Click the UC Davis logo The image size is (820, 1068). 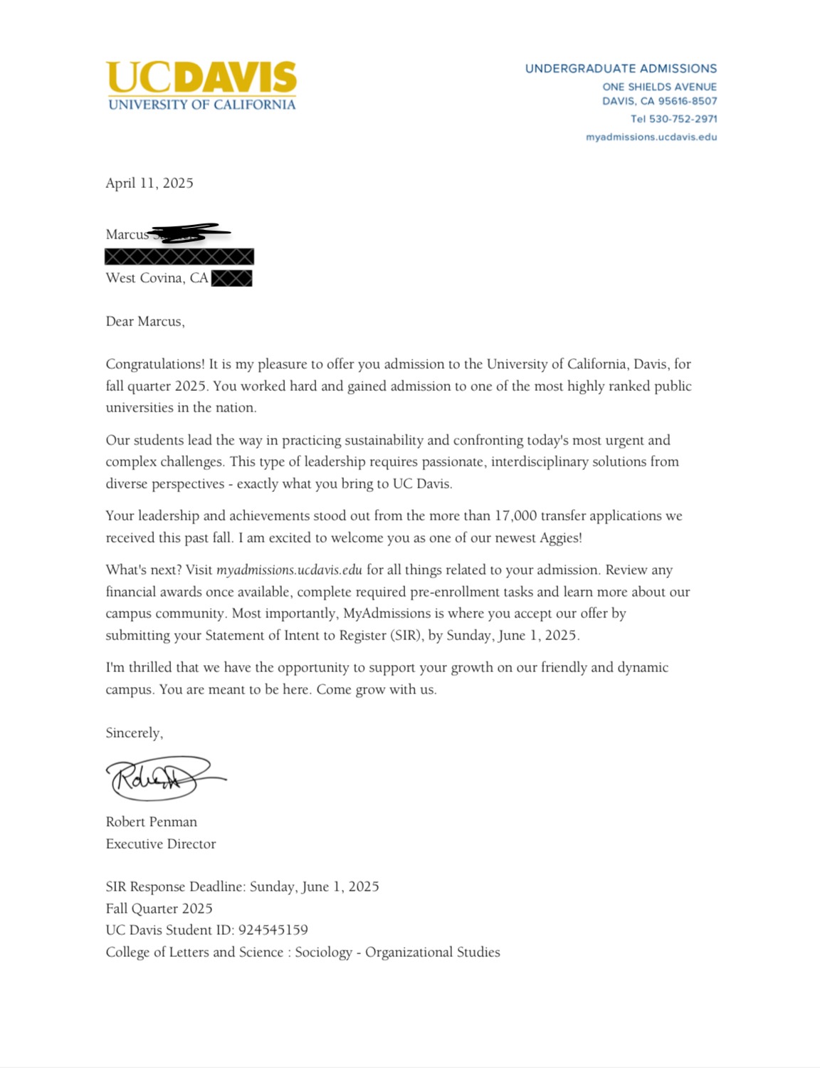tap(201, 85)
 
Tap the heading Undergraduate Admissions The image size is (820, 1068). tap(621, 69)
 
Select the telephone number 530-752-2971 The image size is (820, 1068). tap(683, 119)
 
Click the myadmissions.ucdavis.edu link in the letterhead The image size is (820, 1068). tap(651, 137)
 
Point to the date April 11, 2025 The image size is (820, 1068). tap(149, 183)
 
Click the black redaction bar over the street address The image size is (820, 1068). tap(179, 256)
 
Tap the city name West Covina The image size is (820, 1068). tap(145, 278)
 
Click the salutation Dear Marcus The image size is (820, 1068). tap(144, 321)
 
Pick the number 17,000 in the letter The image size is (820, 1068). tap(515, 515)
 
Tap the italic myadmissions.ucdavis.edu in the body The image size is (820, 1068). tap(289, 570)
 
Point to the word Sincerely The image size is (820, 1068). tap(134, 733)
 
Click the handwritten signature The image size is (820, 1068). tap(164, 778)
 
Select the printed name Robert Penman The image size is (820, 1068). tap(151, 822)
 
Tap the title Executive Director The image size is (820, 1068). tap(160, 844)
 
